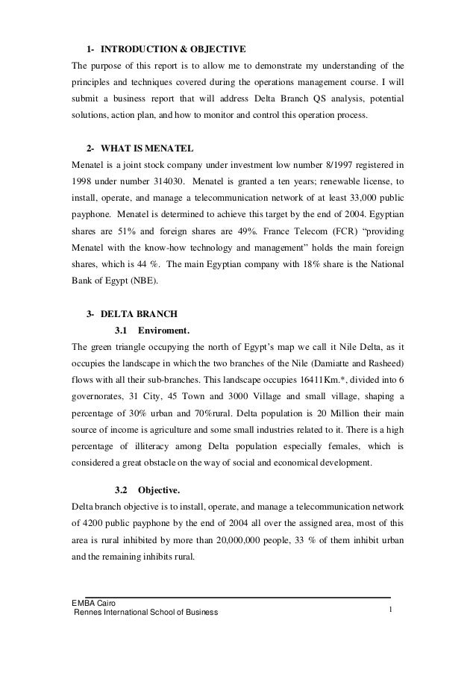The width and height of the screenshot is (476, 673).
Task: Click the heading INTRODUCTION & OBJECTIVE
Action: [x=172, y=50]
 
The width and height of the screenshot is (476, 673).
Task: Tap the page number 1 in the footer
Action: [x=390, y=612]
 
